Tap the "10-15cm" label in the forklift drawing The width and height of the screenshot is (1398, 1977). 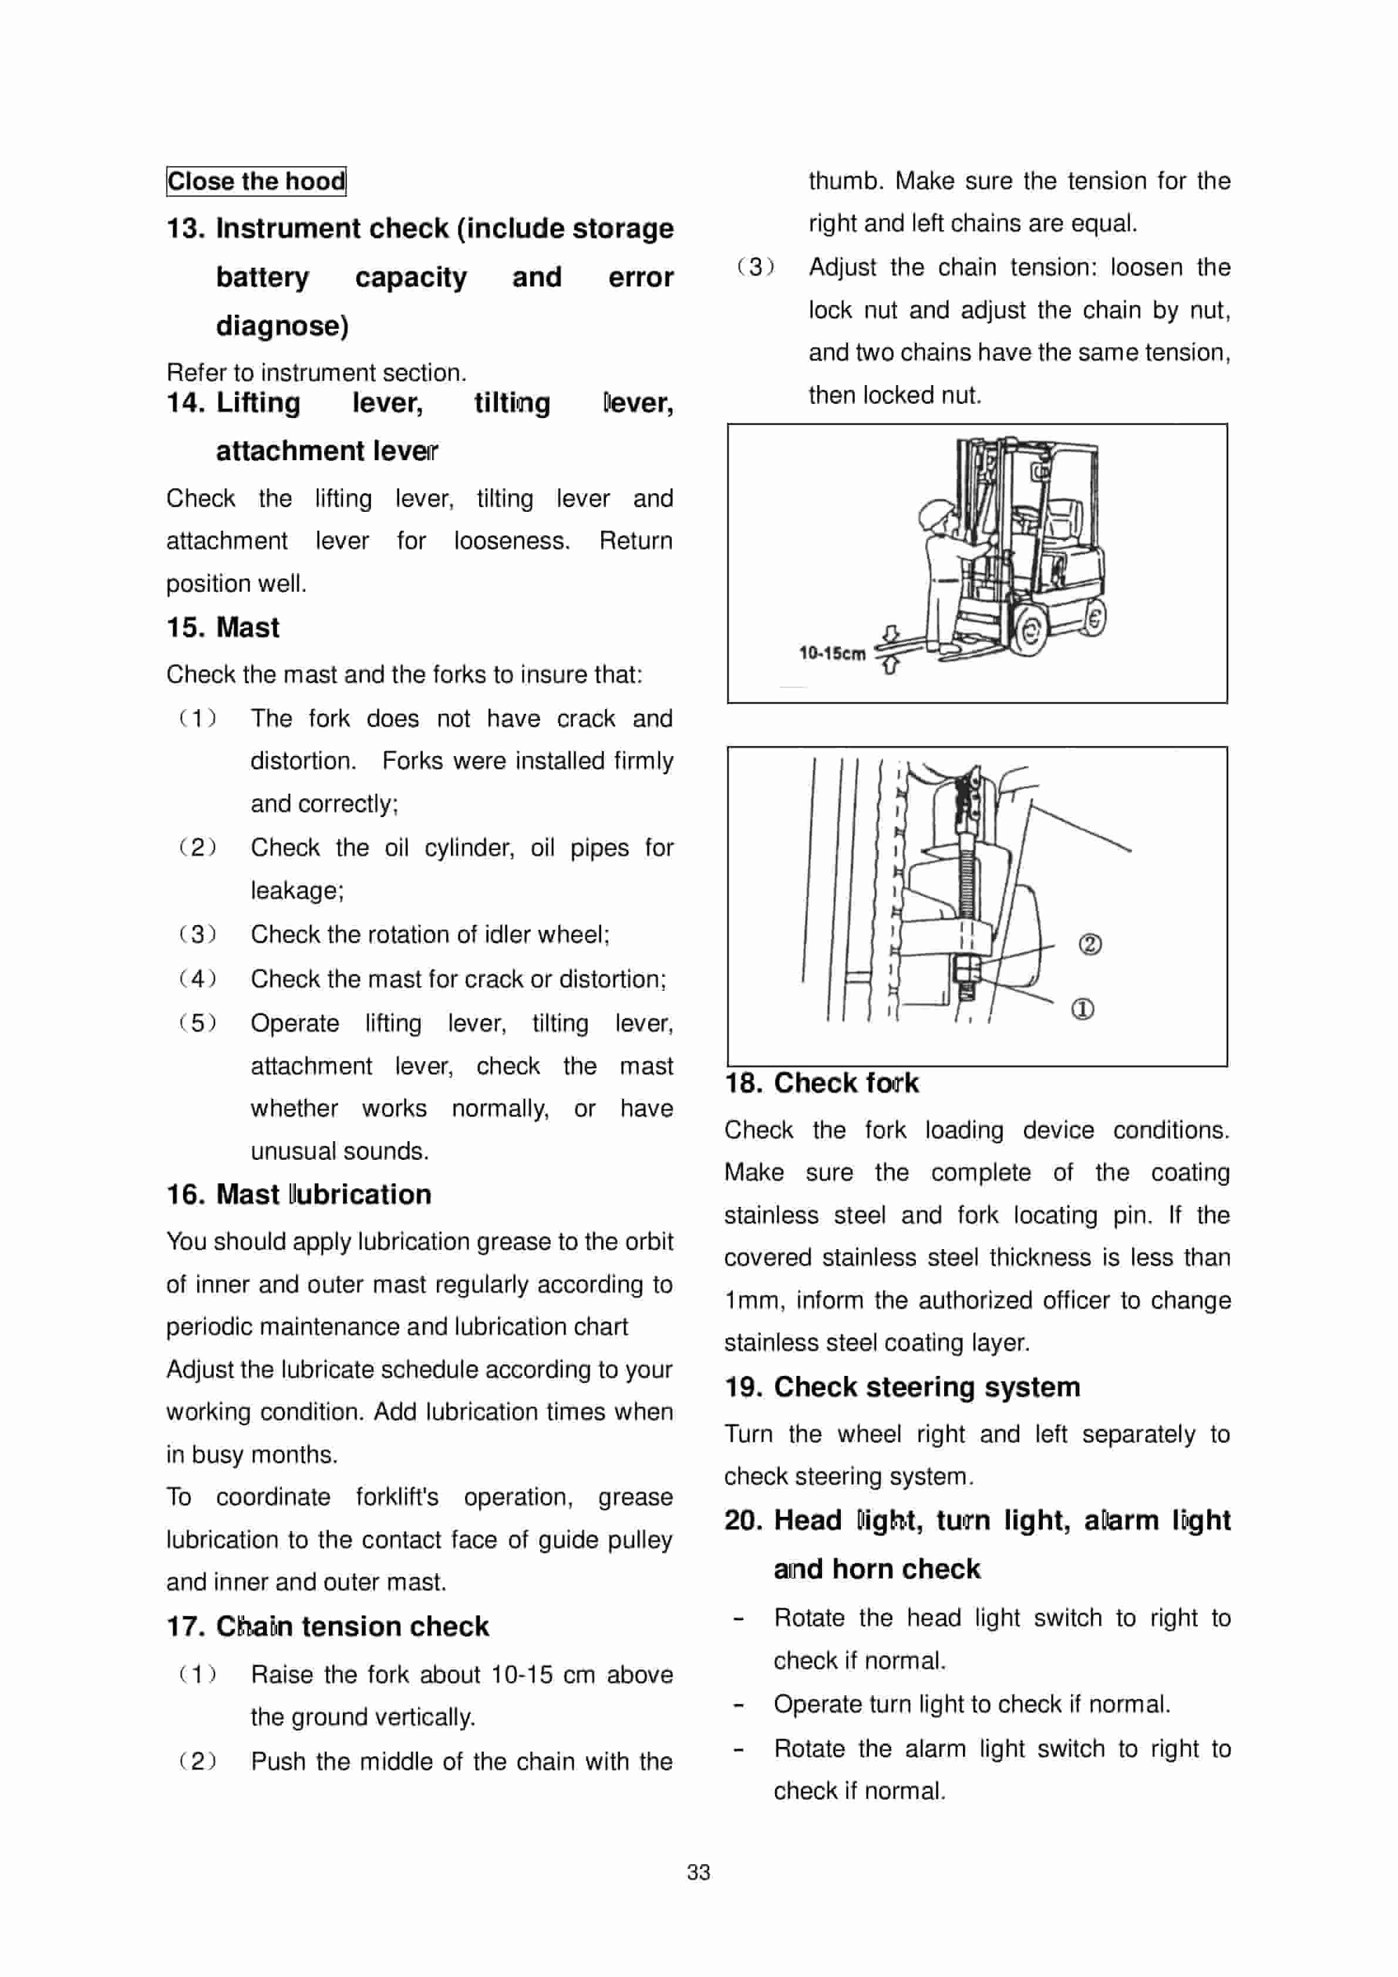[831, 653]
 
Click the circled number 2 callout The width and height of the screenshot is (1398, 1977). [1090, 944]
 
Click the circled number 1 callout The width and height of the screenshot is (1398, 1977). [1083, 1008]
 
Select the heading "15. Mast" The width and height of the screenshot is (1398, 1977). [223, 627]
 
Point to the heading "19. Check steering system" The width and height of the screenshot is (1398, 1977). [902, 1387]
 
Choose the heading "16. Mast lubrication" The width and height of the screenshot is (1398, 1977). [299, 1195]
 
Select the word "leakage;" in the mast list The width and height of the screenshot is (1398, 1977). [297, 890]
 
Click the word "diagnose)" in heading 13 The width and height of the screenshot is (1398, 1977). [282, 326]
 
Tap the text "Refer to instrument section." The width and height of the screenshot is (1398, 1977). [316, 373]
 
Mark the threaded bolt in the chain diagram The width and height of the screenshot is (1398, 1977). [966, 878]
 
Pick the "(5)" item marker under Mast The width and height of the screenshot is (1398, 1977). [197, 1023]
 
